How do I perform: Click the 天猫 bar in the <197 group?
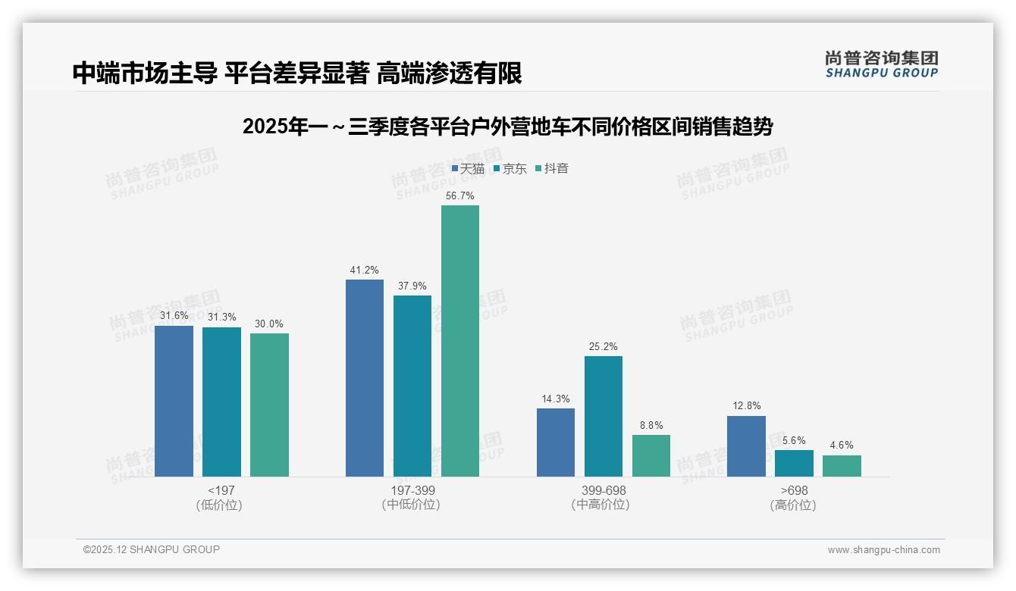pyautogui.click(x=174, y=401)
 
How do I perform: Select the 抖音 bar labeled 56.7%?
pyautogui.click(x=460, y=341)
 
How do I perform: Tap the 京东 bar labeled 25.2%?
pyautogui.click(x=604, y=416)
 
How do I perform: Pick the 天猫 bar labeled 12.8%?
pyautogui.click(x=746, y=446)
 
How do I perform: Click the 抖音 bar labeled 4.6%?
pyautogui.click(x=842, y=466)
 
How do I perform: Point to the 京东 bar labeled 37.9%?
pyautogui.click(x=412, y=386)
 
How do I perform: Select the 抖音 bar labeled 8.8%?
pyautogui.click(x=651, y=455)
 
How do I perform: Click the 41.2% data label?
pyautogui.click(x=365, y=270)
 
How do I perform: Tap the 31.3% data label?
pyautogui.click(x=221, y=317)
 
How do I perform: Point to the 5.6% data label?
pyautogui.click(x=794, y=440)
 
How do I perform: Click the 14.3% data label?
pyautogui.click(x=556, y=399)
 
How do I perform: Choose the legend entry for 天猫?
pyautogui.click(x=468, y=169)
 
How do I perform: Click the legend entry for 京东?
pyautogui.click(x=510, y=169)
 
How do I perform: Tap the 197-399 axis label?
pyautogui.click(x=412, y=490)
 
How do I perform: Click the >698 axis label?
pyautogui.click(x=794, y=490)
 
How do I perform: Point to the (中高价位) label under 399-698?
pyautogui.click(x=603, y=505)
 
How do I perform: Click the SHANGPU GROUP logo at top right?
pyautogui.click(x=881, y=64)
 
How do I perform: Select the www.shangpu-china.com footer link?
pyautogui.click(x=883, y=550)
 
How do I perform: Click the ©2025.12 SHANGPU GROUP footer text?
pyautogui.click(x=152, y=549)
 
